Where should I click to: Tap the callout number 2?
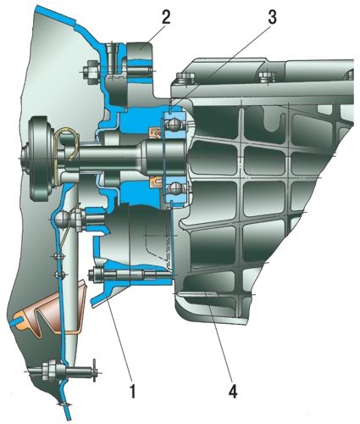[165, 19]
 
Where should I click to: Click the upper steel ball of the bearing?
[174, 124]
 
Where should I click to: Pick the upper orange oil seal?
[155, 132]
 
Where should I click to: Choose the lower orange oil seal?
[155, 181]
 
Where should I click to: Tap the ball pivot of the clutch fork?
[62, 219]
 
